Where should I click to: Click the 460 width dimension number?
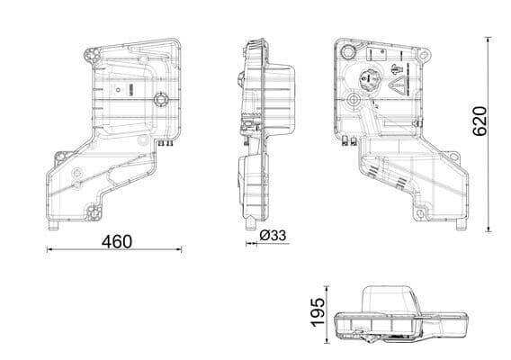point(115,240)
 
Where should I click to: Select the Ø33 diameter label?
point(272,236)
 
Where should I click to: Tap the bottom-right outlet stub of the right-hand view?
point(462,223)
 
